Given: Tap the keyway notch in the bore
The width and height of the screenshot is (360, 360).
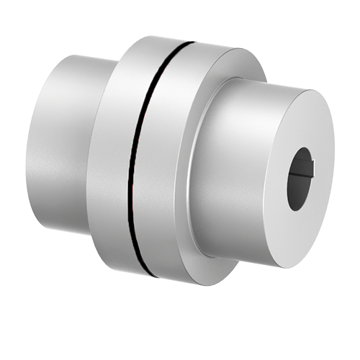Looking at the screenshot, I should (x=308, y=172).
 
